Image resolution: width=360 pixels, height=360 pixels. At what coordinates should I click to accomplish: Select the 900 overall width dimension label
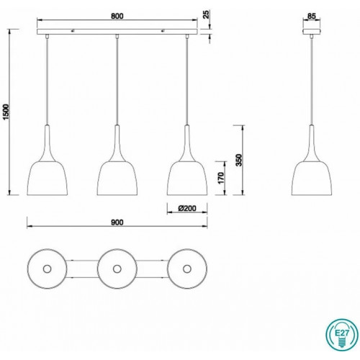tap(117, 222)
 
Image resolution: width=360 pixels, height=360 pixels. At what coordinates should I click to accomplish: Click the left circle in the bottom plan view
tap(47, 269)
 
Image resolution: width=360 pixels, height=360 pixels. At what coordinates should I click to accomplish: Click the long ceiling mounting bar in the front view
tap(117, 34)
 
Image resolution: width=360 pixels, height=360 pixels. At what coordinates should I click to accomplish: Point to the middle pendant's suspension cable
tap(117, 79)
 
